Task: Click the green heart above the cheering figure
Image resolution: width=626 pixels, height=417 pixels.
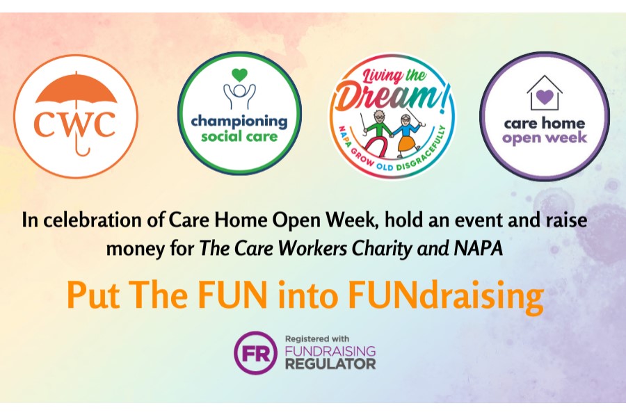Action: click(x=239, y=75)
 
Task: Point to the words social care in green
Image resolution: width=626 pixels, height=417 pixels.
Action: click(x=239, y=136)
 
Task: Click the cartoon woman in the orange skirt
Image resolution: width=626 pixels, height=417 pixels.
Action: click(x=406, y=135)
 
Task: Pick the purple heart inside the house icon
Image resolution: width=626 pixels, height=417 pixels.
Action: click(x=545, y=97)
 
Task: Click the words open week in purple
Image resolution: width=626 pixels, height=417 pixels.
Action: click(x=545, y=138)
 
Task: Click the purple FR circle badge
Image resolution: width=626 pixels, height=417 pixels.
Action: click(x=255, y=352)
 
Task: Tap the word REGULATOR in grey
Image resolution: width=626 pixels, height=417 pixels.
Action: click(x=330, y=364)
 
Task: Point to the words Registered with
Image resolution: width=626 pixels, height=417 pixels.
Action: click(x=317, y=339)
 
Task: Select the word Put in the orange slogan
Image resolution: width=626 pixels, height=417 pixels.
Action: click(x=93, y=295)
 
